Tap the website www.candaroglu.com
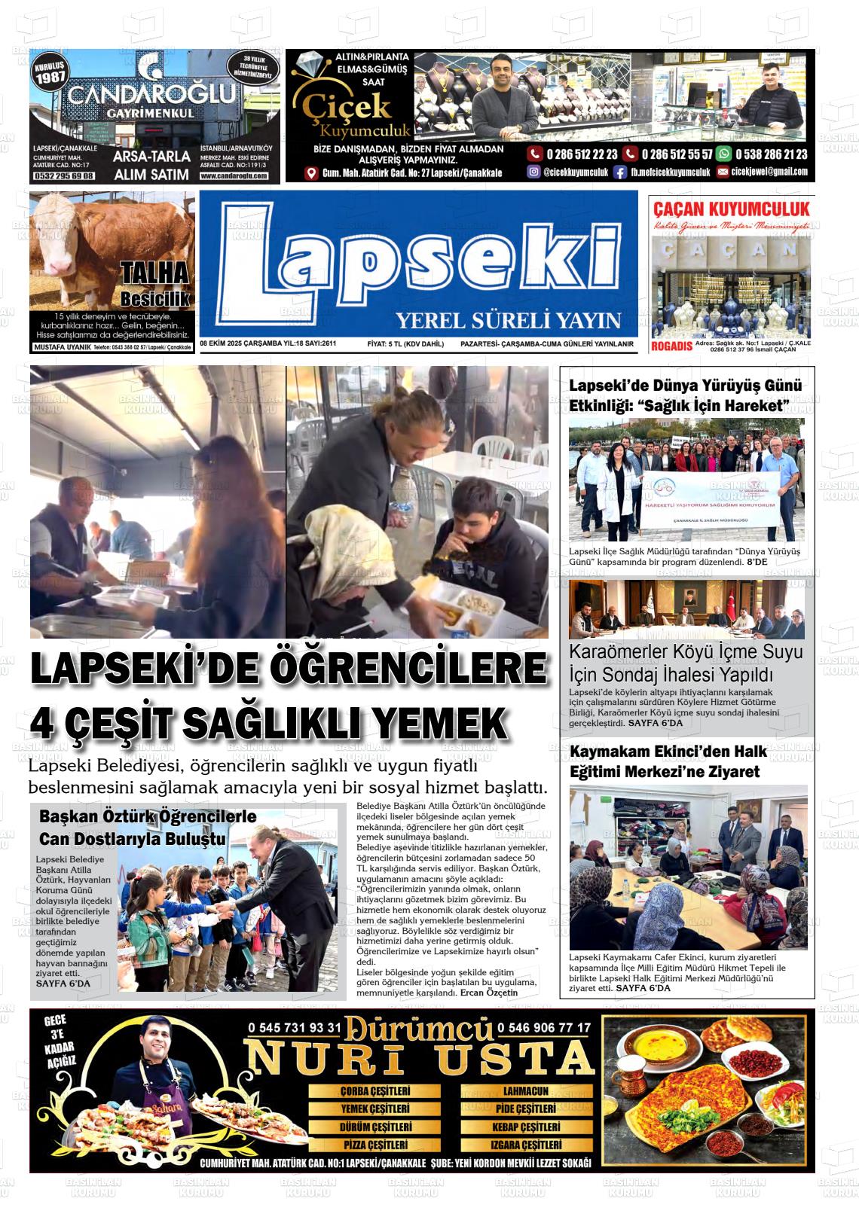tap(234, 175)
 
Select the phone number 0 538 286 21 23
tap(762, 154)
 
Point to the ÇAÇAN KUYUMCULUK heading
tap(731, 209)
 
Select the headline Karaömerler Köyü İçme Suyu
tap(686, 652)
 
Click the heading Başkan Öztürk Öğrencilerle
tap(148, 816)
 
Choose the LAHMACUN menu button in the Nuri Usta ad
tap(525, 1090)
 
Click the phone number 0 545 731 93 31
tap(295, 1027)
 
